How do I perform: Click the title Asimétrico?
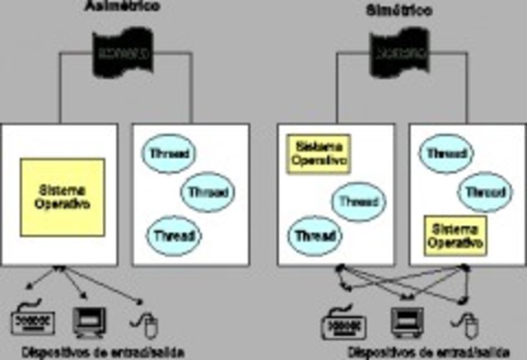pyautogui.click(x=122, y=7)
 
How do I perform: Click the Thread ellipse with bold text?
pyautogui.click(x=315, y=236)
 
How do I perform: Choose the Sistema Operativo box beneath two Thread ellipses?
pyautogui.click(x=455, y=235)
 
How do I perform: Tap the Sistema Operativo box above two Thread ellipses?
pyautogui.click(x=318, y=154)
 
